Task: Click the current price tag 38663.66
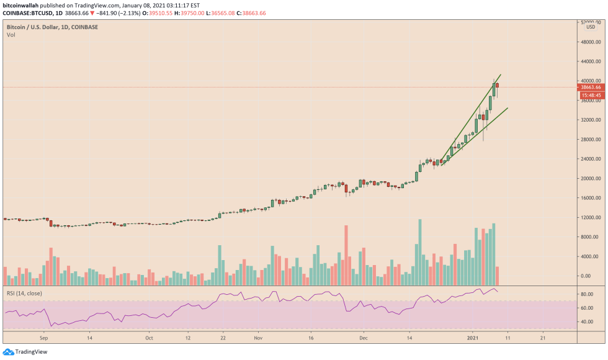592,88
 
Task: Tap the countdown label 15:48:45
592,95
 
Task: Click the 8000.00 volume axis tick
589,237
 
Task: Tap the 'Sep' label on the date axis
43,340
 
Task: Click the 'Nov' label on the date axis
259,340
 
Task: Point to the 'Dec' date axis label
364,340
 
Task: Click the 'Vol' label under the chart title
11,35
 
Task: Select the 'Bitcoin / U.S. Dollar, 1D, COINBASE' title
53,27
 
